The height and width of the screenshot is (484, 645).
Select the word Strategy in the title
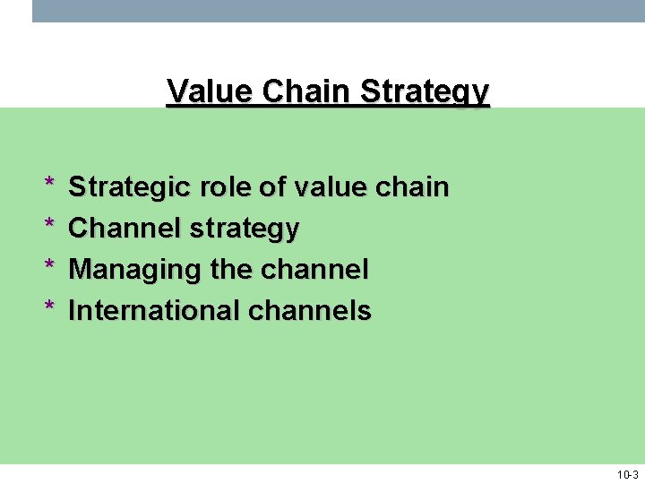[424, 92]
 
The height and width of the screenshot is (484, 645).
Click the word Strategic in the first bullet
[130, 187]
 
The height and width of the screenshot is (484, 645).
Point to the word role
[224, 187]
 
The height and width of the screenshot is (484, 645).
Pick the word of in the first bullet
[272, 187]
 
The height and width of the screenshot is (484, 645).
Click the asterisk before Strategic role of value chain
[49, 184]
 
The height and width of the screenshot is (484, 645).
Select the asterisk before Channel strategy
[49, 225]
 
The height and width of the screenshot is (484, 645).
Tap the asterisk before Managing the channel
[49, 266]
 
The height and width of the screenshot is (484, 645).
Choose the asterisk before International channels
[49, 307]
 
